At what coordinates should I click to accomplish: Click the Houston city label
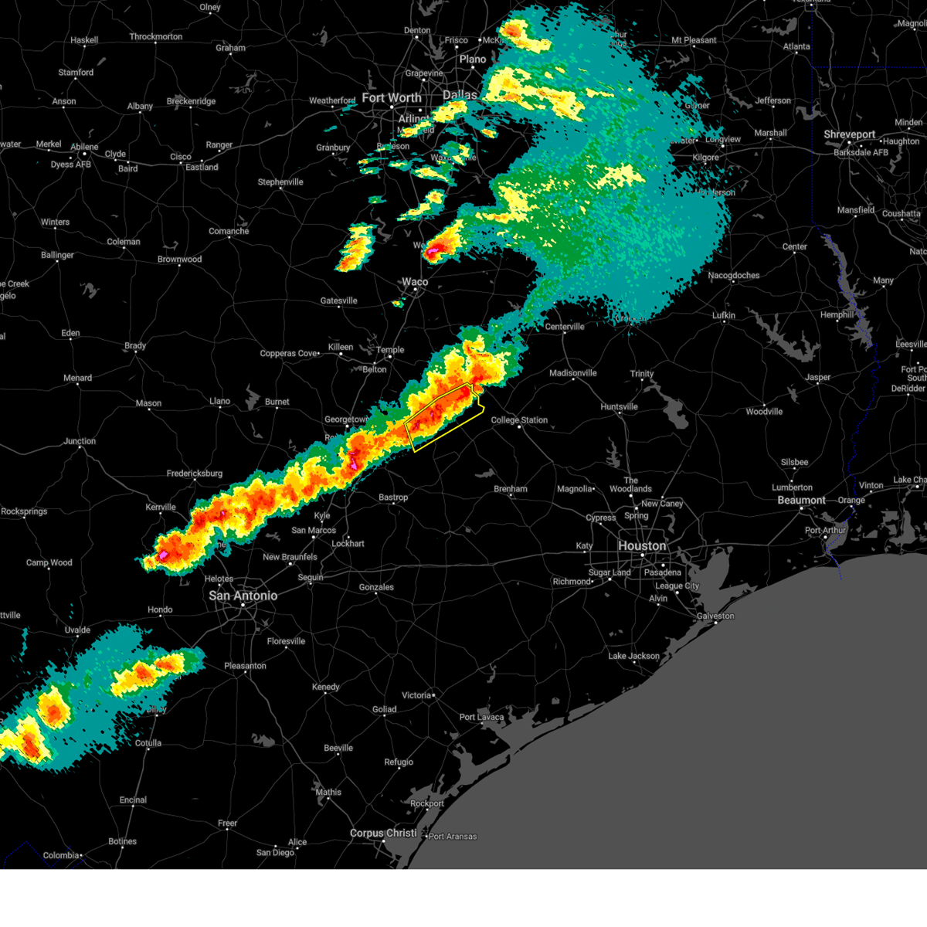pos(642,546)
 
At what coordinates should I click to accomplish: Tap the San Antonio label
pos(243,596)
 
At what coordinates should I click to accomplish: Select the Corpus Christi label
pos(383,834)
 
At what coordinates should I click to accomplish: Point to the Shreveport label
pos(850,134)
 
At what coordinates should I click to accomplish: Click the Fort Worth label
pos(392,98)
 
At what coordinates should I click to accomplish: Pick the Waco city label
pos(415,282)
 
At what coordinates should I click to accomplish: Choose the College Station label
pos(519,420)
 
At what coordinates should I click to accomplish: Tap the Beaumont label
pos(801,501)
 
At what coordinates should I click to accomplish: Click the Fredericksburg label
pos(195,474)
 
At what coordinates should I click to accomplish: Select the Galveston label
pos(715,616)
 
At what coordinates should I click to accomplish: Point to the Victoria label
pos(416,695)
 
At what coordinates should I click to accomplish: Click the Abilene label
pos(84,147)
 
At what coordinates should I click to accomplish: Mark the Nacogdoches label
pos(734,276)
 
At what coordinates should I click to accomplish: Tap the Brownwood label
pos(179,260)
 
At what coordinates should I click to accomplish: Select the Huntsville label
pos(619,407)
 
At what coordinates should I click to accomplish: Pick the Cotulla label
pos(148,743)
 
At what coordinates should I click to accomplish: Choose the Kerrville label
pos(161,508)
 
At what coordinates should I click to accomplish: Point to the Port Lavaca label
pos(481,718)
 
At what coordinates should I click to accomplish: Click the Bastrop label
pos(393,498)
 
